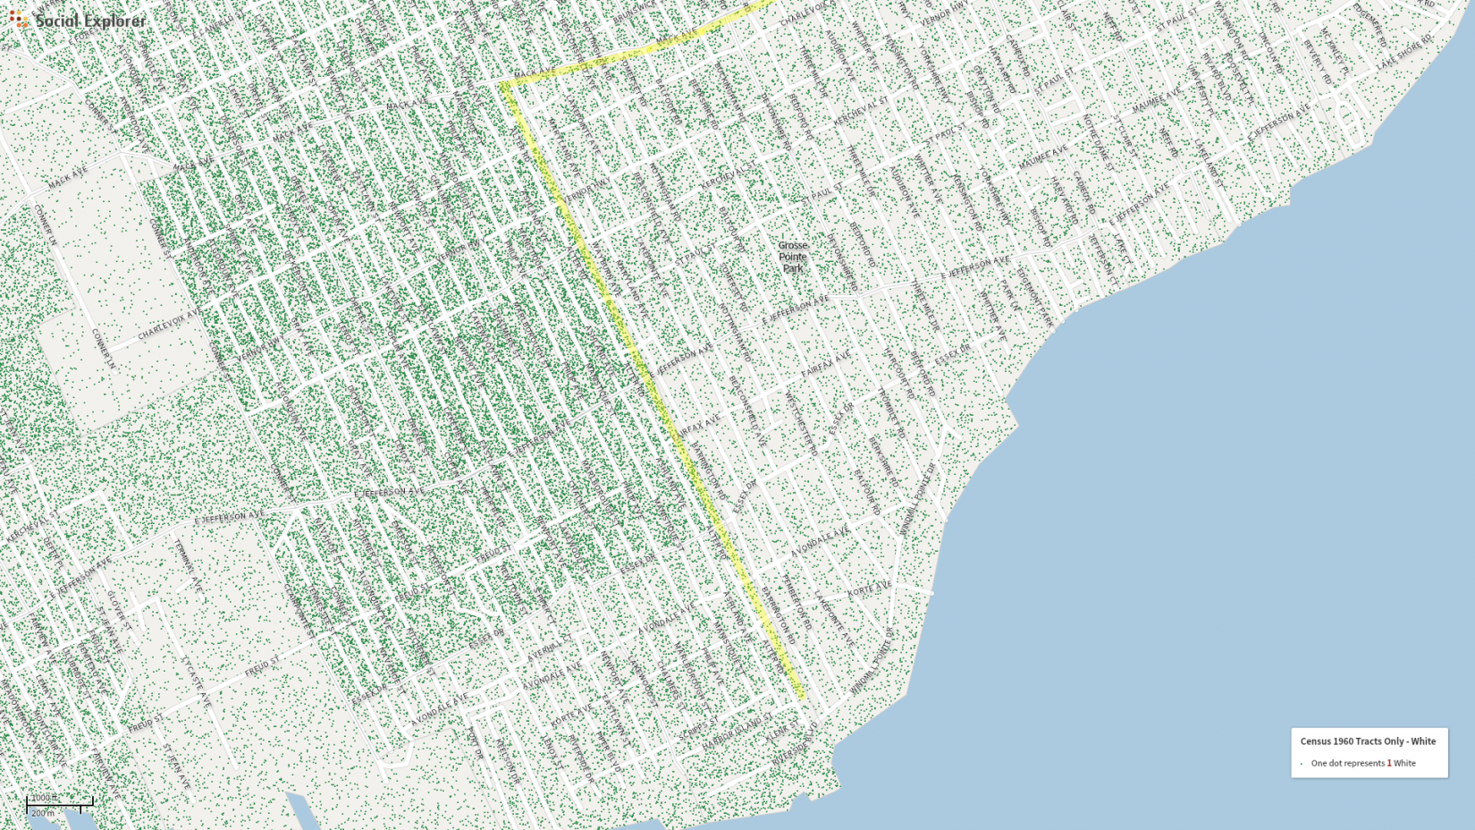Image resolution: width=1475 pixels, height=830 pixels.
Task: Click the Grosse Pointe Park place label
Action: point(792,257)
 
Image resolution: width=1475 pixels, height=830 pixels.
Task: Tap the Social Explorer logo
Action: point(78,20)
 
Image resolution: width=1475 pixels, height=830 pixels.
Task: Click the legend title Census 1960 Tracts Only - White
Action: point(1368,741)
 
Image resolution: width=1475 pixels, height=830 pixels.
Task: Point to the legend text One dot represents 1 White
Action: point(1363,763)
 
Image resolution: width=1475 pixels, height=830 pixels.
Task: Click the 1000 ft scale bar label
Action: point(43,797)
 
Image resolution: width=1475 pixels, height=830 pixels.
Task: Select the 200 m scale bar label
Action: point(43,813)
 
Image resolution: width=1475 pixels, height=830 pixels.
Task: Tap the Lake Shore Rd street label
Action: point(1404,53)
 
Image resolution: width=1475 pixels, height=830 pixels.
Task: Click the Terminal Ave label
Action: point(190,568)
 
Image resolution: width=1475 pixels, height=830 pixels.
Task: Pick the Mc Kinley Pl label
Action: point(1331,53)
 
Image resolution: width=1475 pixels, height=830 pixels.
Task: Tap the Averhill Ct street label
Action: point(546,649)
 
